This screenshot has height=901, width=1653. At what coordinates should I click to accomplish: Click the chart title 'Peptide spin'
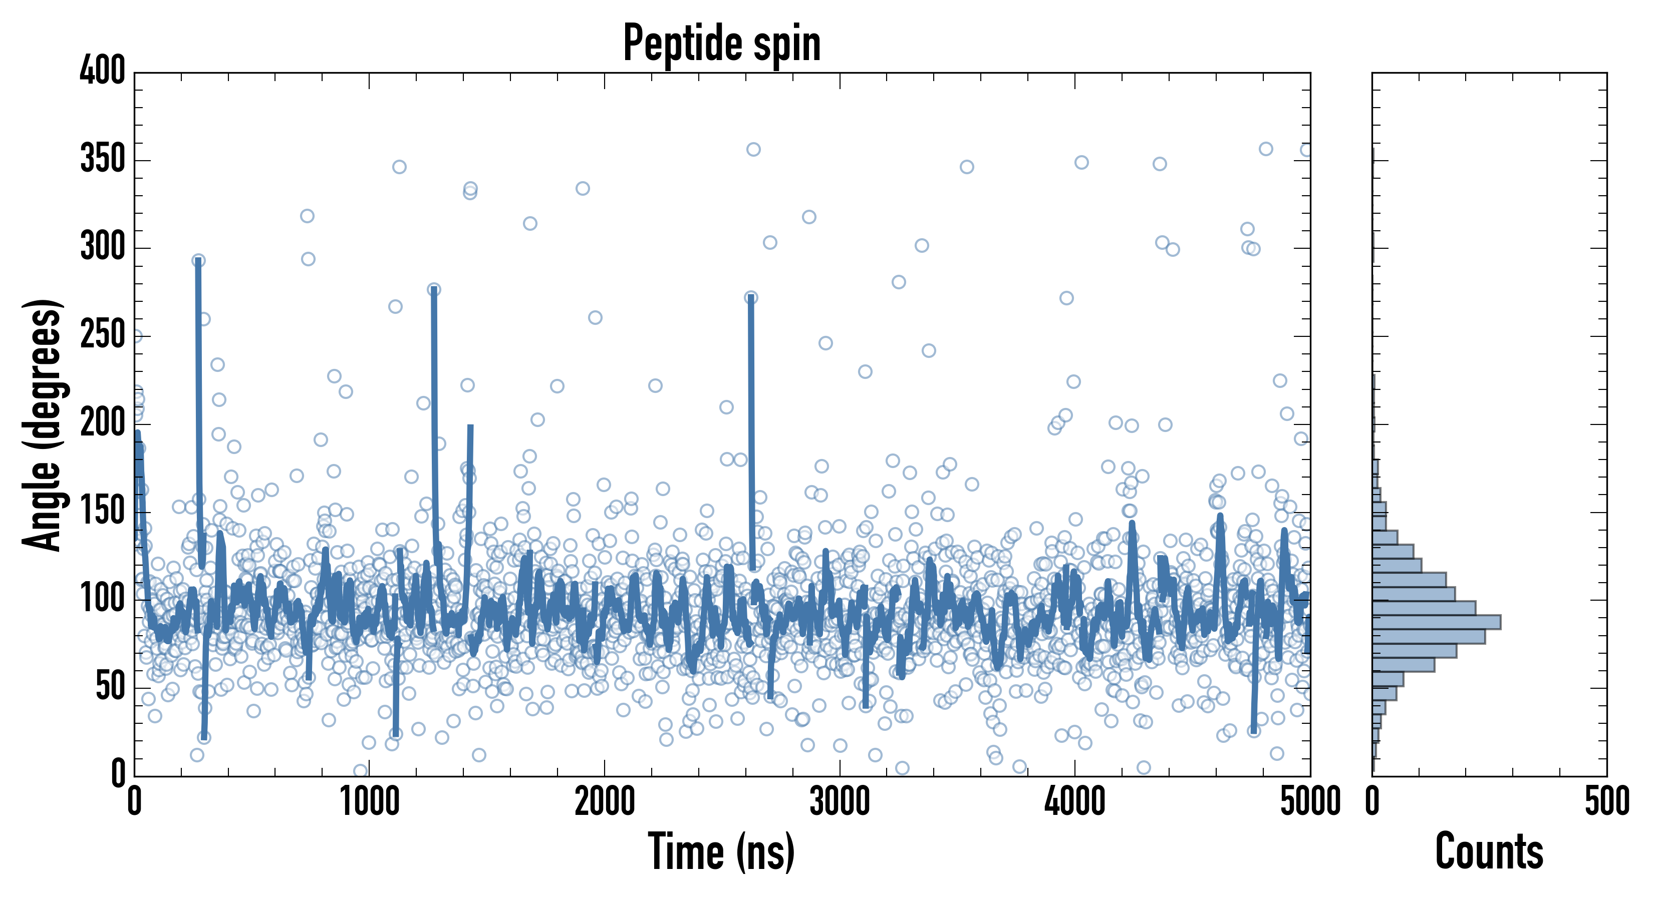[x=722, y=44]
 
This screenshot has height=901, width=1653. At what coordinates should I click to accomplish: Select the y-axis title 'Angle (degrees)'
[x=43, y=424]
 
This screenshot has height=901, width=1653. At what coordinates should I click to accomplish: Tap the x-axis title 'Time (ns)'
[x=722, y=851]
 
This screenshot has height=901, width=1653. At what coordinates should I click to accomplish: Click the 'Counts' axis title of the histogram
[x=1489, y=851]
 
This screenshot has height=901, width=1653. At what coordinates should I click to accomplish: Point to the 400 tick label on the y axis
[x=103, y=71]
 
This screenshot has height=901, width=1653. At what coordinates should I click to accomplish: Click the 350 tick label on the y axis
[x=103, y=159]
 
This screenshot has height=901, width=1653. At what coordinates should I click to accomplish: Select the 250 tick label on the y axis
[x=103, y=335]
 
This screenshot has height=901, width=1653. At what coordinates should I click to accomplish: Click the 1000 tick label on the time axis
[x=370, y=801]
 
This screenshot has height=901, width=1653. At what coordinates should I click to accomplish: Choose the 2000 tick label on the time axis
[x=605, y=801]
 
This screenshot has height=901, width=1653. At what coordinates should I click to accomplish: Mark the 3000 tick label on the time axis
[x=840, y=801]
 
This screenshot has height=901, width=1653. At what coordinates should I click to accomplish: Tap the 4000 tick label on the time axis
[x=1075, y=801]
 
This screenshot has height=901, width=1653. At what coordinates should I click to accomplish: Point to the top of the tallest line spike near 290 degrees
[x=198, y=260]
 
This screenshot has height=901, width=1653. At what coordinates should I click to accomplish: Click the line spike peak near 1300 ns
[x=434, y=289]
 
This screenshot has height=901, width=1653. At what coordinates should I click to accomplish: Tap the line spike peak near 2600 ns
[x=751, y=297]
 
